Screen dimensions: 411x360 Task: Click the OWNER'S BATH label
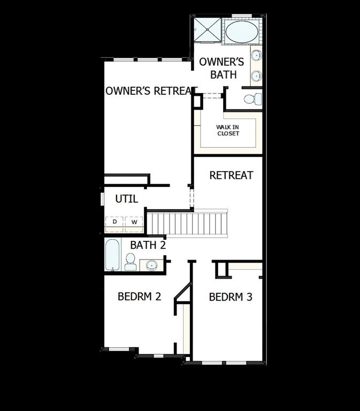coord(221,68)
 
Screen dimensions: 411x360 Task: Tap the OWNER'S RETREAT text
coord(149,91)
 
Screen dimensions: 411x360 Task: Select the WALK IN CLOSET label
coord(228,130)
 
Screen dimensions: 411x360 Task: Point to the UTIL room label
coord(127,199)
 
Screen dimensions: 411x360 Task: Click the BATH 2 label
coord(148,246)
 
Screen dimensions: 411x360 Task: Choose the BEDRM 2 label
coord(140,296)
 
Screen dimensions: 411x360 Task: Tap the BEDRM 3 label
coord(231,296)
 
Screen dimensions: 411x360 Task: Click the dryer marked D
coord(114,222)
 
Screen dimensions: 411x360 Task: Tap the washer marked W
coord(134,222)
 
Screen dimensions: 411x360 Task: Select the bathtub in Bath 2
coord(112,256)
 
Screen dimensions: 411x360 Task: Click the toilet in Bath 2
coord(130,261)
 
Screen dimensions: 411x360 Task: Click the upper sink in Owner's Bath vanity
coord(256,55)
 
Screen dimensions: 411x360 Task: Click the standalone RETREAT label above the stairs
coord(231,175)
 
